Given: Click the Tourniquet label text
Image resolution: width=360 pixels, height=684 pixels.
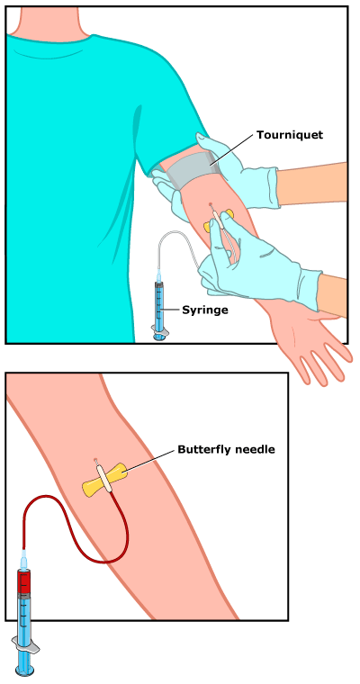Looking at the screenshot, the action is pos(290,135).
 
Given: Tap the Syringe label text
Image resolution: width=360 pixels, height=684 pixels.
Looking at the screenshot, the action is pos(205,310).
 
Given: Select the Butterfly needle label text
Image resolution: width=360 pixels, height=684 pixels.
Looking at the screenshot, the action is pos(226,449).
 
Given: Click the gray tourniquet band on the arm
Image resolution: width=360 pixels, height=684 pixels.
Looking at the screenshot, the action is pos(193,168).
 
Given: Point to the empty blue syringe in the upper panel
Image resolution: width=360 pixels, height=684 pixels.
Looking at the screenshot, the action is pos(159,305).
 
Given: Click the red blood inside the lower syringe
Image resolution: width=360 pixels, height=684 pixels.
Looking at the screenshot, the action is pos(23,580).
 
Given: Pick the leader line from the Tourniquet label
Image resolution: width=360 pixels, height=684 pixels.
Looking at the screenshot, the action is pos(232,149).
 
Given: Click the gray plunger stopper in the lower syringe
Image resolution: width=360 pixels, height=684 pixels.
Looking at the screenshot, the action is pos(23,595).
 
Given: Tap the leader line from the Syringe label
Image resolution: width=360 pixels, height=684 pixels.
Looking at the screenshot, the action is pos(171,310).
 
